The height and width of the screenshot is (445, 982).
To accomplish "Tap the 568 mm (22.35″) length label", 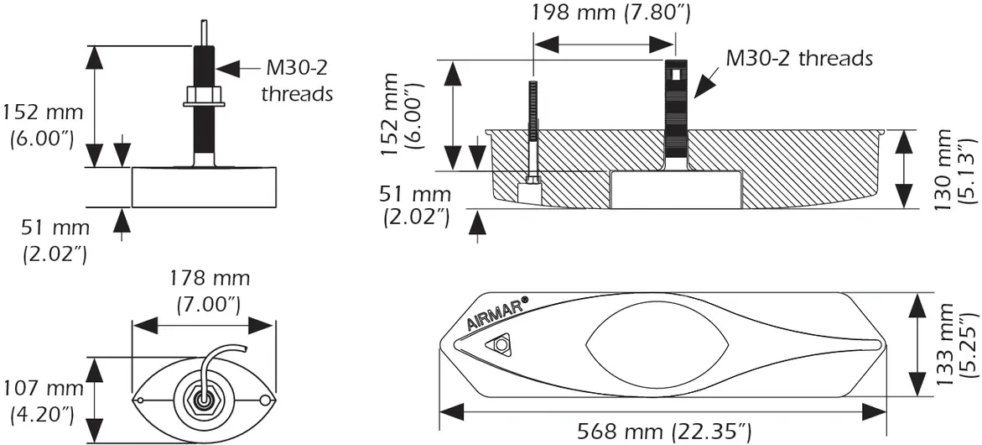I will click(x=663, y=432).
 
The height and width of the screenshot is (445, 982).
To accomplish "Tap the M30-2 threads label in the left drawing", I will click(x=297, y=81).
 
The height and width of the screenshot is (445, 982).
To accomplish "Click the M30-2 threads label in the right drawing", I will click(x=799, y=58).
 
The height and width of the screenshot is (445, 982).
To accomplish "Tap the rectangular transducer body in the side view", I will click(x=204, y=186).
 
